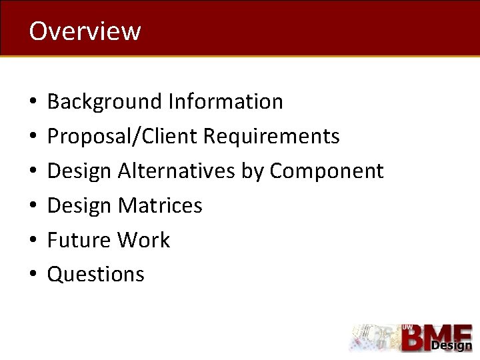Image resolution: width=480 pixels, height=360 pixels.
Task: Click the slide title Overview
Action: point(85,31)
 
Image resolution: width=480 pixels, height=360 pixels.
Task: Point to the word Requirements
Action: point(271,137)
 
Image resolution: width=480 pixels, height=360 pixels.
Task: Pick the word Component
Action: point(327,171)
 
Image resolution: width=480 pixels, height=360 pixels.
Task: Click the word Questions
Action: point(95,275)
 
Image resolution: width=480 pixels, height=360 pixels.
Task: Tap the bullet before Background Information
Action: point(32,103)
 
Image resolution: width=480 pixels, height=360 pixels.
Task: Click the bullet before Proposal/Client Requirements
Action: point(32,137)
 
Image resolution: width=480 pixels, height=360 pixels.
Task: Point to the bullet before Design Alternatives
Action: point(32,172)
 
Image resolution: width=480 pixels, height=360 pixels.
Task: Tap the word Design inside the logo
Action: point(451,345)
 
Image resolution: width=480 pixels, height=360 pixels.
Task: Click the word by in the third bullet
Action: point(253,172)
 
